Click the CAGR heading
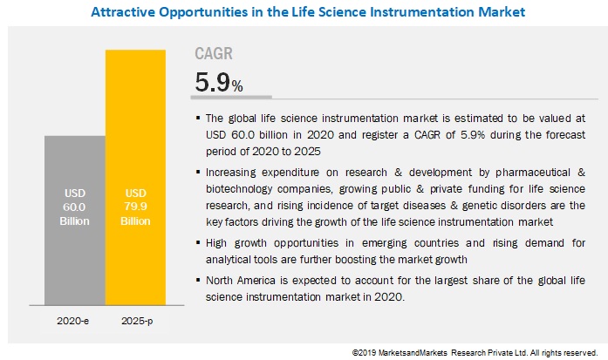[x=214, y=54]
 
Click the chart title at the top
[x=304, y=12]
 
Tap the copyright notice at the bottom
[x=475, y=353]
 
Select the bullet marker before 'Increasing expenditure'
[x=198, y=169]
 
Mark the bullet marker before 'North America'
[x=198, y=281]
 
